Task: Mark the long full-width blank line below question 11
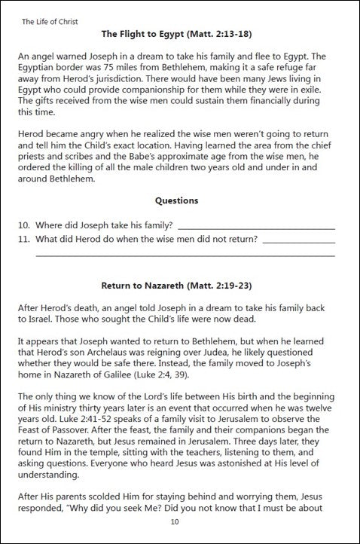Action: click(x=185, y=256)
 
